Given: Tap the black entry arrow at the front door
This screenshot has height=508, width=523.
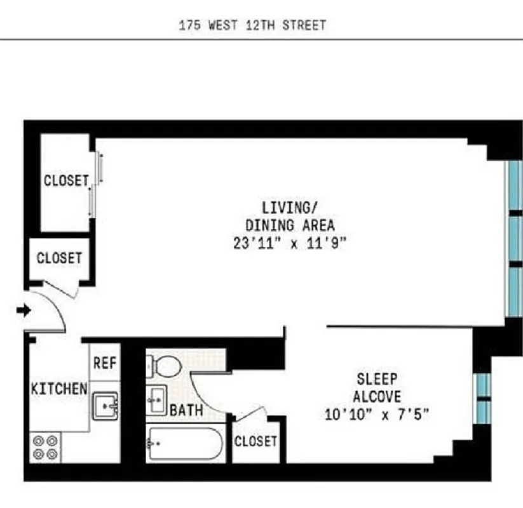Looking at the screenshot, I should pos(23,311).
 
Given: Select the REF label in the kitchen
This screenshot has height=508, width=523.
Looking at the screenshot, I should pos(104,363).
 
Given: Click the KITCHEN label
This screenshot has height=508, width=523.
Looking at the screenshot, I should pos(59,389).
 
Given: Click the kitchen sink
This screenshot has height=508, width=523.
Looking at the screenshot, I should pos(105,405).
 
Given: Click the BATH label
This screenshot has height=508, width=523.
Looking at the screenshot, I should pos(187,410).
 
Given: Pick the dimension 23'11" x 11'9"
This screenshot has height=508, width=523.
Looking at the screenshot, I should pos(290,243).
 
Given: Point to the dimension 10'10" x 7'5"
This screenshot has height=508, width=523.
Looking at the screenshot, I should pos(377,414).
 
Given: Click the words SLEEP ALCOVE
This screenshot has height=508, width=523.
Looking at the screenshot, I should pos(377,388).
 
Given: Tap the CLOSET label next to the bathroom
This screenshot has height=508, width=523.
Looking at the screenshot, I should pos(255,441).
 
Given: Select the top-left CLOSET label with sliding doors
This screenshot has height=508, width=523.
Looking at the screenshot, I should pos(66,181).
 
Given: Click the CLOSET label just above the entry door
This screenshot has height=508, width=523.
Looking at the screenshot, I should pos(59,258).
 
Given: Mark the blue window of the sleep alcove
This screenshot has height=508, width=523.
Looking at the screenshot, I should pos(484,394).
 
